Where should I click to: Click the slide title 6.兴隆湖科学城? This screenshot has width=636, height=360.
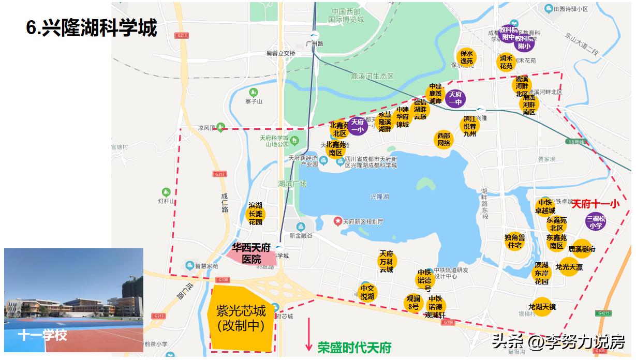91,28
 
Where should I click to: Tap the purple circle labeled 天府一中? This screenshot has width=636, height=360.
455,98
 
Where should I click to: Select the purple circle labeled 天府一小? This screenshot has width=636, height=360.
358,126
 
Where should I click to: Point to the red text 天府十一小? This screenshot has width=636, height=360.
595,204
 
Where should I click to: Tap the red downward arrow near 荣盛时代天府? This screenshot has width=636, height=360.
309,334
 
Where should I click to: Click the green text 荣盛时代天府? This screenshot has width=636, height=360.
354,347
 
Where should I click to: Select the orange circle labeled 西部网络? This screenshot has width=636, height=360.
444,140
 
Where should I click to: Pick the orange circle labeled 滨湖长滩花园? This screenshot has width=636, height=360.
256,214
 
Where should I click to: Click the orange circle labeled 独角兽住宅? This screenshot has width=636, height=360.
514,241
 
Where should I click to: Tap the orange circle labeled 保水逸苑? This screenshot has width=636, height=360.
466,57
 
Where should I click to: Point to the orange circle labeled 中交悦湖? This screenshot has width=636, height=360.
367,293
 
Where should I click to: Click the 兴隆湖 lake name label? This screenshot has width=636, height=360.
380,197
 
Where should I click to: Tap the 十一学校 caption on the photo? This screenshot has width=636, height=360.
42,335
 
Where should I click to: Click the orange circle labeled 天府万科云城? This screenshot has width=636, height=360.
386,261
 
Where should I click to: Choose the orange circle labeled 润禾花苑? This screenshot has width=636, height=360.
506,62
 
